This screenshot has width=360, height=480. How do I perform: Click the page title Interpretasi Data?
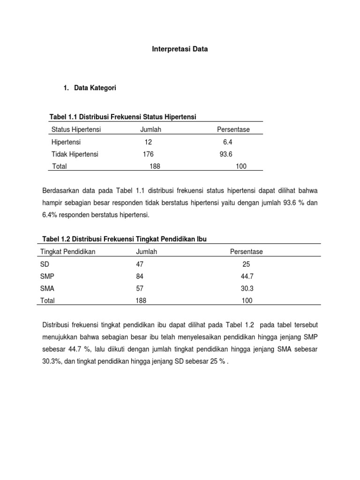180,48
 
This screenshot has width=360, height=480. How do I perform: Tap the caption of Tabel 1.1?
123,116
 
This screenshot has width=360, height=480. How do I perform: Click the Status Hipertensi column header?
76,129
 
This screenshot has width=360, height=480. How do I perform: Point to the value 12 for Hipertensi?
149,142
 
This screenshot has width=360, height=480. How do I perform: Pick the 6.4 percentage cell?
228,142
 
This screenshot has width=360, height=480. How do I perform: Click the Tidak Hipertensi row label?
75,154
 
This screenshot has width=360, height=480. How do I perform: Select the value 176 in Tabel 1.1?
148,154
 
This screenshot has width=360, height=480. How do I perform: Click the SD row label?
45,264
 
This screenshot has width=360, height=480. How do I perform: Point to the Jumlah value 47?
139,264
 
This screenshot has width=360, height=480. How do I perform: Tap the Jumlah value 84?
139,277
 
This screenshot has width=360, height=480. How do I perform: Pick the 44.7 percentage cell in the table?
247,277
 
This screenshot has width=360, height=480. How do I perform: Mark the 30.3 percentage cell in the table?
247,289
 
